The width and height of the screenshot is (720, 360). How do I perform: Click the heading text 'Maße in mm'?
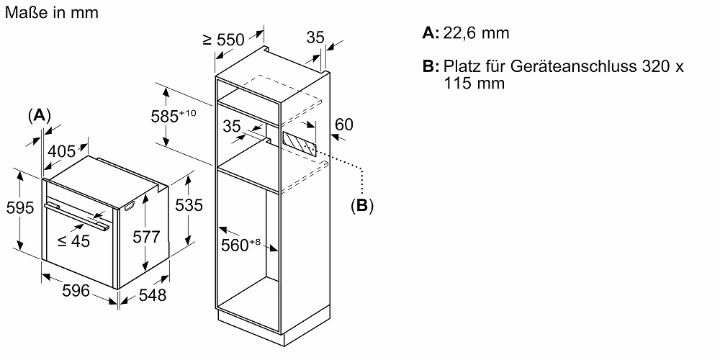point(51,12)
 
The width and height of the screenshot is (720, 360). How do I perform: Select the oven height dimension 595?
point(20,207)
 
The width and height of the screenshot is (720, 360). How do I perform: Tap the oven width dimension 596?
point(76,291)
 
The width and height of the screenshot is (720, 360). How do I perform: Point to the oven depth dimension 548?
point(152,294)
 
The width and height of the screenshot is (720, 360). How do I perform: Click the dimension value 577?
point(146,236)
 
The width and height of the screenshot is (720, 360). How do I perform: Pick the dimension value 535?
point(189,204)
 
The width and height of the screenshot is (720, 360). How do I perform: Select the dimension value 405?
point(62,151)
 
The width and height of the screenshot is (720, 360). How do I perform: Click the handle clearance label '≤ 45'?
point(73,240)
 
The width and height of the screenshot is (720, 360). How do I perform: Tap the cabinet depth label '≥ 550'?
point(224,40)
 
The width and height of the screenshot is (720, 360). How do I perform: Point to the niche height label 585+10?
point(174,116)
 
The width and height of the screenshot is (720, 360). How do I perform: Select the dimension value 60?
point(344,125)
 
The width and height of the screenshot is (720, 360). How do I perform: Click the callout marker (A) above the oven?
point(39,114)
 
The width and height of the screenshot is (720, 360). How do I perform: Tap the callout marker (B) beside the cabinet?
point(362,206)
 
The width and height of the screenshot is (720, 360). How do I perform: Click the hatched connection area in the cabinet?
point(300,144)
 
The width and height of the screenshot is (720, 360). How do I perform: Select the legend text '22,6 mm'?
point(476,33)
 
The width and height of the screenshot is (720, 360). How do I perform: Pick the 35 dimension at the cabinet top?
point(315,37)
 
